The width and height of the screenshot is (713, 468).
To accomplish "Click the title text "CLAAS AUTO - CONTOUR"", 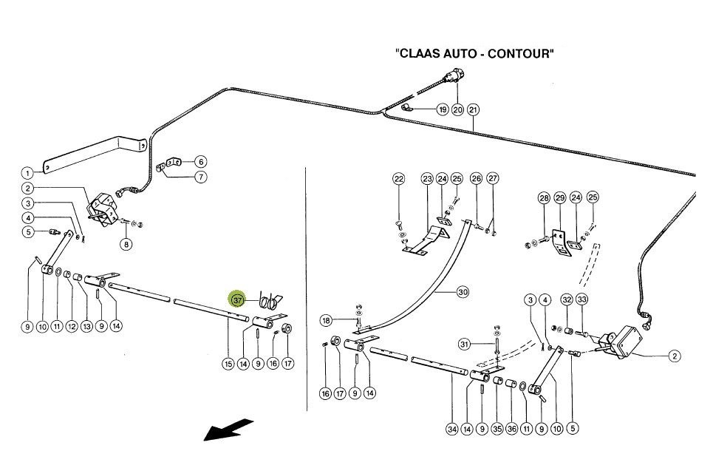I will pyautogui.click(x=474, y=54).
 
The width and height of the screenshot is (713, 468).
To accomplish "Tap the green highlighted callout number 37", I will pyautogui.click(x=237, y=301).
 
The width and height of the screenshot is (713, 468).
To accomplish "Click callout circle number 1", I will pyautogui.click(x=27, y=173).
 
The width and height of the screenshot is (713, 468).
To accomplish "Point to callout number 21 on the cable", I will pyautogui.click(x=474, y=109).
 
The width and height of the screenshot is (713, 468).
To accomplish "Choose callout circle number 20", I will pyautogui.click(x=458, y=109).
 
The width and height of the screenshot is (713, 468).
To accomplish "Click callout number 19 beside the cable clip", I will pyautogui.click(x=442, y=109).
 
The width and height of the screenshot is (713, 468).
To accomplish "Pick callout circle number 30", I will pyautogui.click(x=463, y=292).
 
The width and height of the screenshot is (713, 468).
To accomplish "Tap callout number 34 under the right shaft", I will pyautogui.click(x=452, y=428).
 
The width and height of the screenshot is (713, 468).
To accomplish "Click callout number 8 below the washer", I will pyautogui.click(x=127, y=244).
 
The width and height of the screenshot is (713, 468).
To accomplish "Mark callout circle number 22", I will pyautogui.click(x=399, y=179).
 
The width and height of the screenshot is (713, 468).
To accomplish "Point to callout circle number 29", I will pyautogui.click(x=559, y=198).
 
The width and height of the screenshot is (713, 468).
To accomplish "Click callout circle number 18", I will pyautogui.click(x=327, y=321).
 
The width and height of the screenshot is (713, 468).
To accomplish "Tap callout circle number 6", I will pyautogui.click(x=200, y=162).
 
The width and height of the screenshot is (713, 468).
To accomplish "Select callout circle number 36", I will pyautogui.click(x=511, y=428).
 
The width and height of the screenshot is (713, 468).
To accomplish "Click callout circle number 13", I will pyautogui.click(x=86, y=326).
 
